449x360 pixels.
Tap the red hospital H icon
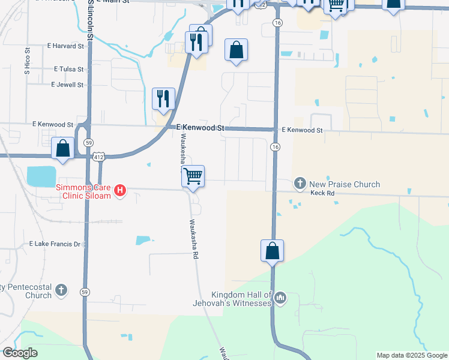pos(120,191)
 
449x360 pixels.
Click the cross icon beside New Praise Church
pos(300,184)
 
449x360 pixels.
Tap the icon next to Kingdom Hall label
pos(280,298)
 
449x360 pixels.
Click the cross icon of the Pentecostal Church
pos(61,291)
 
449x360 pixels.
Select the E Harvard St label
pos(65,46)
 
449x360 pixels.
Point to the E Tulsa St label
pos(68,70)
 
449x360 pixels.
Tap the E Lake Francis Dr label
pos(55,244)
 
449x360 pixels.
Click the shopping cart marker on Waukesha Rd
pos(193,176)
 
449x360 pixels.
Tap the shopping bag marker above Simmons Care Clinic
pos(63,148)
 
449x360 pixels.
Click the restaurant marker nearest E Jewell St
pos(163,99)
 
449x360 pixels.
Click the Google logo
pos(20,353)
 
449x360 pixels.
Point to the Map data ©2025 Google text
pos(411,355)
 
